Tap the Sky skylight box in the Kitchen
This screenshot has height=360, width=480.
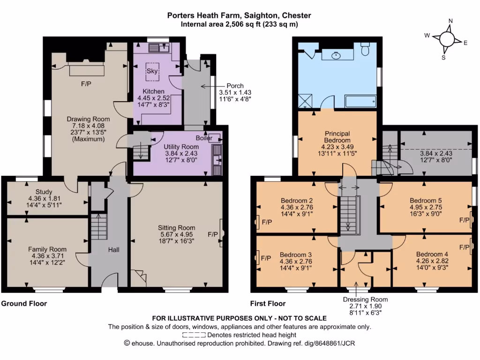[152, 71]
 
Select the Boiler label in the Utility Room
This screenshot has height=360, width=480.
[204, 138]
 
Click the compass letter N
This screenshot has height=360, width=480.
[450, 21]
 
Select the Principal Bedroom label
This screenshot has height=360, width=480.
[337, 137]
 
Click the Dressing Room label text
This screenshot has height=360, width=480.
[365, 299]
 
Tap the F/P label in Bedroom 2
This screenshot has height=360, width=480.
[267, 222]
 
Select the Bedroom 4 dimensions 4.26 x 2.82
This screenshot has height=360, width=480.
[432, 261]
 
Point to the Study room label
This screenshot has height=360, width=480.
[44, 192]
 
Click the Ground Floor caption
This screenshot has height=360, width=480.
[24, 303]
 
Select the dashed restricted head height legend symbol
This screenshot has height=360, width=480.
[194, 335]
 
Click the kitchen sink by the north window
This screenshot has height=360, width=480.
[156, 47]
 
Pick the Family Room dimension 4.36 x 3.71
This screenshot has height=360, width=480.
[47, 256]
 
